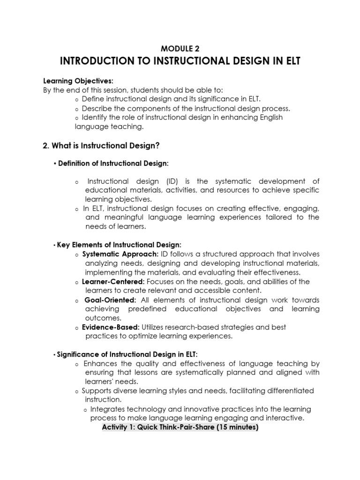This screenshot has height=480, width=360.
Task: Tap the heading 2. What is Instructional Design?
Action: click(x=101, y=146)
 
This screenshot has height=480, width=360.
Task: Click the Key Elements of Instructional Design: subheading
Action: click(x=118, y=245)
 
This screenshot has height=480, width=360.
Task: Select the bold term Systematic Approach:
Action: click(x=110, y=255)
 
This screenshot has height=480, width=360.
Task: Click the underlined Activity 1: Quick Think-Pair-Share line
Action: click(x=180, y=427)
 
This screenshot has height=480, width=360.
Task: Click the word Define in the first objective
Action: click(x=92, y=99)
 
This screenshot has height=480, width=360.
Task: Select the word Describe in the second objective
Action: click(x=96, y=108)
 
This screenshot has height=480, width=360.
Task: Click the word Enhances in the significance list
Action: click(x=99, y=363)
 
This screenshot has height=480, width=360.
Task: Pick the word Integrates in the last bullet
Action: click(x=107, y=409)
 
